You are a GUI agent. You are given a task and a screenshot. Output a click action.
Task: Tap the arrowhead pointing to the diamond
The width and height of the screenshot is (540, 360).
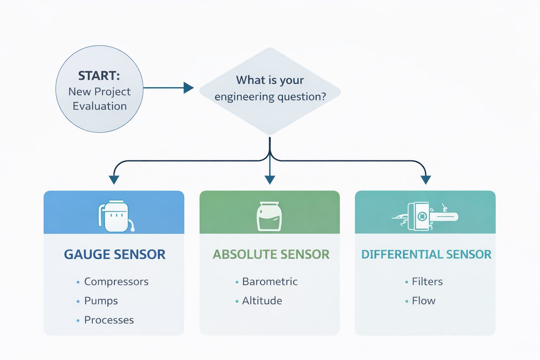coord(188,88)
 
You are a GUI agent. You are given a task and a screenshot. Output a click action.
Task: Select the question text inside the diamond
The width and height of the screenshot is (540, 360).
coord(270,88)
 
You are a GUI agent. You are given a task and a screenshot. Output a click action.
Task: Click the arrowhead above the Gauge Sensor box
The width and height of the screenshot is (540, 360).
coord(114,180)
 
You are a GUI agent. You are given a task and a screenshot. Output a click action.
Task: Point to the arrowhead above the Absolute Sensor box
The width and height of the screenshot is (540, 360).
coord(270,180)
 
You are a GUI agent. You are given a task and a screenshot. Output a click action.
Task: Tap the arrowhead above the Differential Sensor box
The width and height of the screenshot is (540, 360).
coord(426,180)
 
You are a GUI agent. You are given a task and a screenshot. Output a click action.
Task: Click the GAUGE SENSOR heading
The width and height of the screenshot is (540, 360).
coord(115,255)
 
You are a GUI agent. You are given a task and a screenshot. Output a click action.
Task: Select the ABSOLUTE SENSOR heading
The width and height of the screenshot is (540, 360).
coord(271,255)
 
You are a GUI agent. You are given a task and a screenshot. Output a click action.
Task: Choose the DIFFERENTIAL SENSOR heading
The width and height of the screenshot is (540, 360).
coord(426,255)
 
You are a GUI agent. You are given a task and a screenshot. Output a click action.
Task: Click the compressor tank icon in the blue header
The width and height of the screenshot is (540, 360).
coord(115,216)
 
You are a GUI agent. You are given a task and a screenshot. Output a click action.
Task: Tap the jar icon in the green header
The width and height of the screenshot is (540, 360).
coord(269,216)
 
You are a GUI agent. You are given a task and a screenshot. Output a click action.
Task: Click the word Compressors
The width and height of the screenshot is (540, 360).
coord(116,282)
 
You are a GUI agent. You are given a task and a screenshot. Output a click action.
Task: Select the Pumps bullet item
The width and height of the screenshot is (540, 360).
coord(101,301)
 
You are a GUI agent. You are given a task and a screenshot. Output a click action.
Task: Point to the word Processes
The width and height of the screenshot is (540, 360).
coord(109,320)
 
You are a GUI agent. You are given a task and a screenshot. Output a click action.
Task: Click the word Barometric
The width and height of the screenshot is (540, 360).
coord(270,282)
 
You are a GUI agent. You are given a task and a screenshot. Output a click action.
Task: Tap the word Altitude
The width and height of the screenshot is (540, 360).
coord(262,301)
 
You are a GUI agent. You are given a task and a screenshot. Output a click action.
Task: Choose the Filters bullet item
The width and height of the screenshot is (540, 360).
coord(427,282)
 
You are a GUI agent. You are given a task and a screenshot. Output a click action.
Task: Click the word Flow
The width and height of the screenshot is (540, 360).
coord(424,301)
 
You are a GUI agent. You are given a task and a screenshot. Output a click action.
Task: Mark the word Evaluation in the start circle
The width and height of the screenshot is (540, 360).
coord(99,106)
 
